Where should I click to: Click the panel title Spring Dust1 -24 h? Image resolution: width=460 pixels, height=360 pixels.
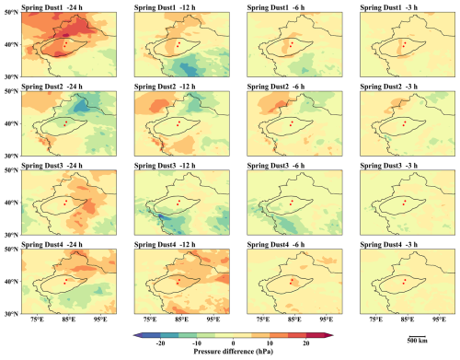(x=52, y=7)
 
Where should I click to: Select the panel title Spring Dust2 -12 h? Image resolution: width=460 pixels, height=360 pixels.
(x=165, y=87)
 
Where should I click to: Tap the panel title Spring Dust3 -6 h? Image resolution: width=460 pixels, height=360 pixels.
(x=276, y=166)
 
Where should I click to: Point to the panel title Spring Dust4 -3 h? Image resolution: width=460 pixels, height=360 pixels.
(x=389, y=245)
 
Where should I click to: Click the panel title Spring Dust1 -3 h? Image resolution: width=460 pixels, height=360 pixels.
(x=389, y=7)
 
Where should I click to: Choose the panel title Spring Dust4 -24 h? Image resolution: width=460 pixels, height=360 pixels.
(x=52, y=245)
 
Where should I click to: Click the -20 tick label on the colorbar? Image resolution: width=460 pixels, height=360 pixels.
(x=160, y=343)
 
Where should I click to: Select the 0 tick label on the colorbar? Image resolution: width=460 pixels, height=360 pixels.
(x=233, y=343)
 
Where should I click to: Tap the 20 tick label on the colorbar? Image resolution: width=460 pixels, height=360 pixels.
(x=306, y=343)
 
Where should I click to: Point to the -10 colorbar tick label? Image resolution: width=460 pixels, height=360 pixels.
(x=197, y=343)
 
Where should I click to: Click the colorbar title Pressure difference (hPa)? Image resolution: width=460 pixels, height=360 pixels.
(x=233, y=352)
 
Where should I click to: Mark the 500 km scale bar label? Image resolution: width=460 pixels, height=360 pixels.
(x=417, y=341)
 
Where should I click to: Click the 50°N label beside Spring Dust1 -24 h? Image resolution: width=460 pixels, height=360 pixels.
(x=11, y=12)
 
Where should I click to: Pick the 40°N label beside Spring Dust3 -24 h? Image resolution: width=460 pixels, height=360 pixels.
(x=11, y=203)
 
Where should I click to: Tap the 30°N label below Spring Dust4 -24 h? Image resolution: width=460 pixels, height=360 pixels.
(x=11, y=314)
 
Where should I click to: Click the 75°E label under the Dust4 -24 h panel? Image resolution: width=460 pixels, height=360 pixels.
(x=37, y=319)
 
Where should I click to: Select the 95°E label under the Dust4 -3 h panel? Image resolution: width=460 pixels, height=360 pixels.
(x=439, y=319)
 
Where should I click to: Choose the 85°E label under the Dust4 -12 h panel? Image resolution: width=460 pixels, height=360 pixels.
(x=181, y=319)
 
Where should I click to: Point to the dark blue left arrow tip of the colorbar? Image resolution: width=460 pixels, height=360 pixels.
(x=134, y=335)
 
